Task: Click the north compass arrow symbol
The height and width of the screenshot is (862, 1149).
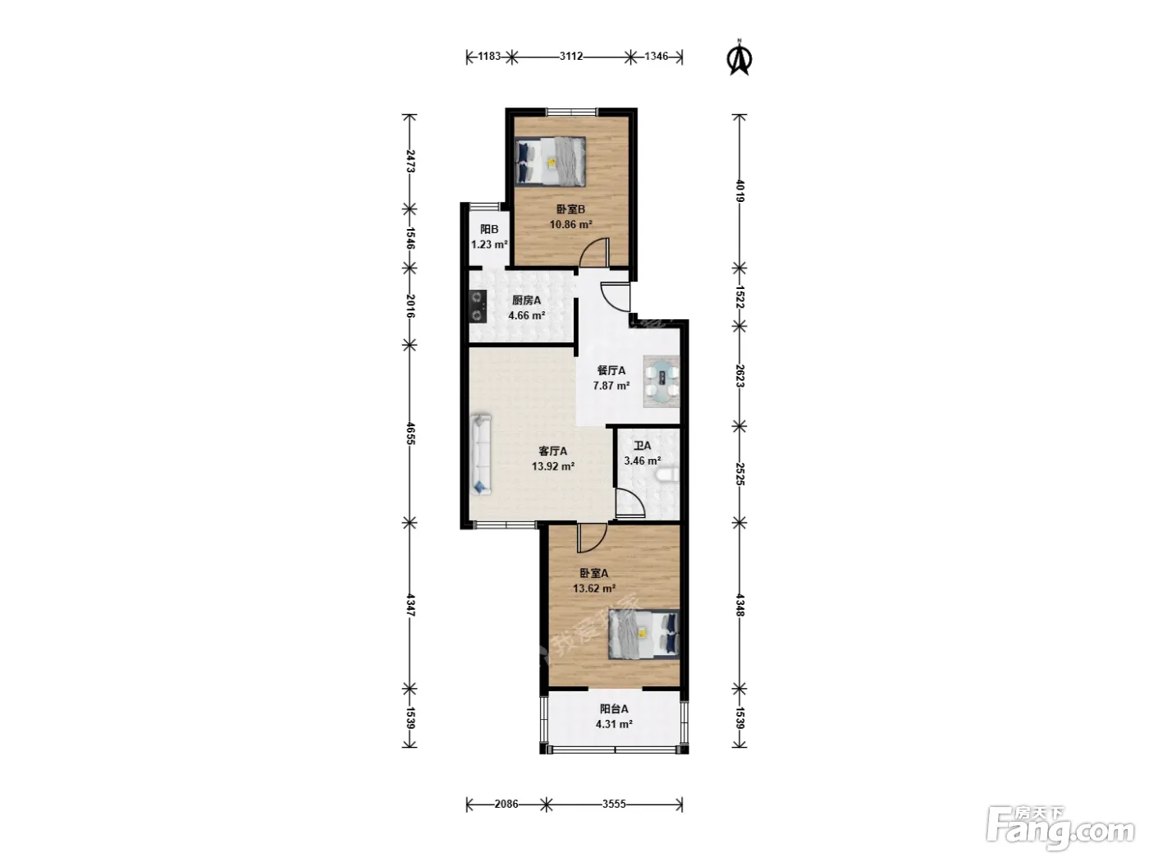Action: coord(739,57)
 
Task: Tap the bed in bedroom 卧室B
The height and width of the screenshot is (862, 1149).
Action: coord(549,161)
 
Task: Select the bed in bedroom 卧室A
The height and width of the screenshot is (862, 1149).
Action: coord(644,634)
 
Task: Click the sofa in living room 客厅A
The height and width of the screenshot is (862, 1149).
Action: coord(481,454)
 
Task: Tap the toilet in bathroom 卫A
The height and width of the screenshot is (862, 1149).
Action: coord(666,476)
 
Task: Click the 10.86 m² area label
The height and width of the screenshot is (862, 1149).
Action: coord(570,224)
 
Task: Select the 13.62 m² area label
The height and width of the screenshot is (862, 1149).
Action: coord(593,589)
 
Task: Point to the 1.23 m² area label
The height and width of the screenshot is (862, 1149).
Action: coord(489,245)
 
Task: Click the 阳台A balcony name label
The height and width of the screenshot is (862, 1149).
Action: coord(614,709)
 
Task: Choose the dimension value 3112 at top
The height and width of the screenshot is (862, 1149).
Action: coord(570,56)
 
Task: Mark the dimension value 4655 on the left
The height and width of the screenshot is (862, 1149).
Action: coord(410,434)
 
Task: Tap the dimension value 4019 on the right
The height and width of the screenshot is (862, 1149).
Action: coord(739,190)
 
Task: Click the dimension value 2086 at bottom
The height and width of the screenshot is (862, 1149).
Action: coord(506,804)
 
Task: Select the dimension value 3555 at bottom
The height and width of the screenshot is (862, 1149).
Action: coord(614,804)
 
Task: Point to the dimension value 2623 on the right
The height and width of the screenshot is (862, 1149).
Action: coord(739,376)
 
